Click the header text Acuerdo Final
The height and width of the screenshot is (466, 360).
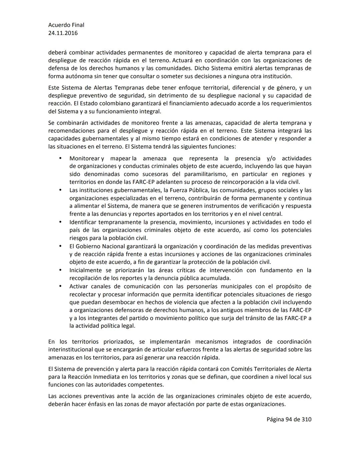[66, 25]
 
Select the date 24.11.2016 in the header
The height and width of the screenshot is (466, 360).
[63, 33]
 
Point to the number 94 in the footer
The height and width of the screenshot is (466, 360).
[289, 419]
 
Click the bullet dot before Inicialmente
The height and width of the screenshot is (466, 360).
[60, 270]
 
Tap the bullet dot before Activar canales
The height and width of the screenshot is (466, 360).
[60, 286]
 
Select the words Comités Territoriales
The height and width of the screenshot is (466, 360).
[262, 369]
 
